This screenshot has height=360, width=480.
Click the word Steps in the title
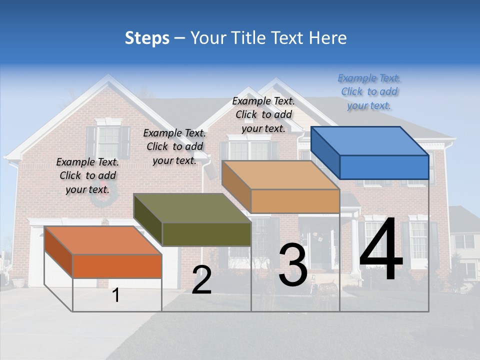click(147, 38)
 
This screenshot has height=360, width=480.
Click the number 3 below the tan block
click(293, 265)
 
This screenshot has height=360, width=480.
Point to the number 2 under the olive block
click(202, 280)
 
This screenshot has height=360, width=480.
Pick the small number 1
click(116, 295)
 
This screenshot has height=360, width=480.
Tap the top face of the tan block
click(280, 175)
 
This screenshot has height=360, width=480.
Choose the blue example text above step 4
click(369, 91)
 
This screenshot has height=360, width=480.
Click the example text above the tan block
click(263, 114)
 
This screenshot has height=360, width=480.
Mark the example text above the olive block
click(174, 146)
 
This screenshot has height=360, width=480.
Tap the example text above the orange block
click(87, 175)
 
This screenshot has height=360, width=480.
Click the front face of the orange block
click(117, 266)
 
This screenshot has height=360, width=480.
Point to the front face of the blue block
click(384, 167)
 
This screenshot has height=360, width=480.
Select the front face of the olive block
click(206, 234)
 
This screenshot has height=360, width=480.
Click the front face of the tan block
click(295, 201)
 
